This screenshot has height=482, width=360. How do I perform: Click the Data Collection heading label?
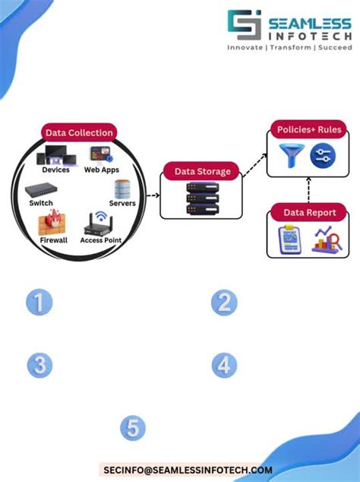tap(79, 133)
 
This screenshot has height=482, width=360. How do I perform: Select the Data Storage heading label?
tap(202, 171)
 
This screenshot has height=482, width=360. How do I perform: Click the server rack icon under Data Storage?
tap(202, 198)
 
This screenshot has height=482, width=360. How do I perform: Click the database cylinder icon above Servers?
tap(120, 189)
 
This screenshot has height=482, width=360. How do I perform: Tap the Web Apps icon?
tap(99, 155)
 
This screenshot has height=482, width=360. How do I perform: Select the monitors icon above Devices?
tap(56, 155)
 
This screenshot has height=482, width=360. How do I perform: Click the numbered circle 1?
tap(39, 303)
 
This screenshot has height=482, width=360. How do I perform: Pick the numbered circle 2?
tap(224, 303)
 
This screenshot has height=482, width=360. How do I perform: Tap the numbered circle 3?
tap(39, 365)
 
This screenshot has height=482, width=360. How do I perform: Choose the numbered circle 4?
tap(224, 365)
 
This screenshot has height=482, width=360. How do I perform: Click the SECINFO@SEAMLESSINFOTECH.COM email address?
tap(188, 471)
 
